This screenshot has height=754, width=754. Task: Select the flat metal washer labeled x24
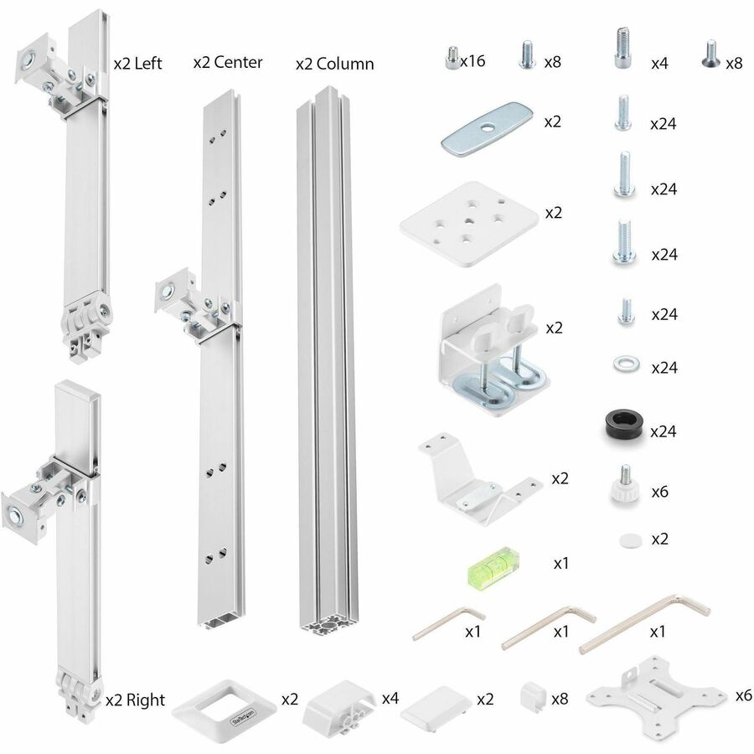(621, 364)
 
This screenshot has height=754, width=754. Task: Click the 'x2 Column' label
(335, 64)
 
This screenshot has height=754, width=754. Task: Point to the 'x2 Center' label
(228, 62)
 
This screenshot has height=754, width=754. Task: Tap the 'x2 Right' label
(136, 700)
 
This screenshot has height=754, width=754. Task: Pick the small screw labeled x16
(449, 58)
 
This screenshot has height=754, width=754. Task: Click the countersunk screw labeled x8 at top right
(710, 54)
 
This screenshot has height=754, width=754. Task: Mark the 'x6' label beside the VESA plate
(743, 695)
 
